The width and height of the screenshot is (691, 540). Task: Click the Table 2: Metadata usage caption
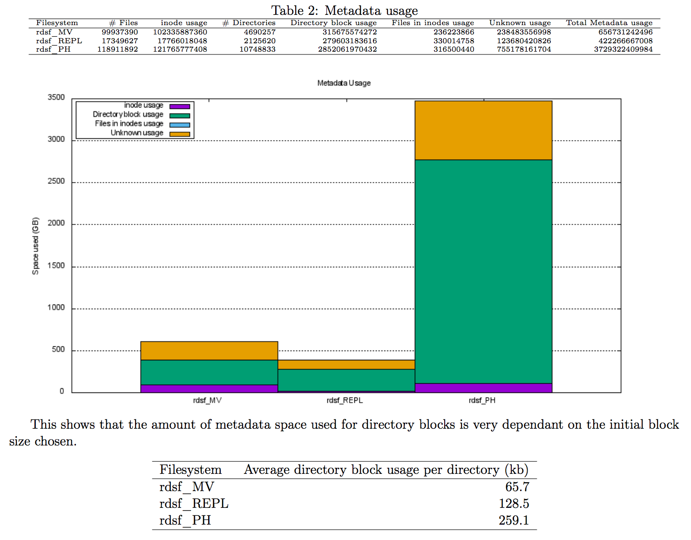coord(345,10)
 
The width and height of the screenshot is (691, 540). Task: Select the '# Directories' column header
coord(249,23)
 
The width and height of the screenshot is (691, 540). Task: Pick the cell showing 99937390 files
coord(120,32)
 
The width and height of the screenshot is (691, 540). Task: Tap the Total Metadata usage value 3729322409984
coord(623,49)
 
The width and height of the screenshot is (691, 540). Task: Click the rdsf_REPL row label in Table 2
coord(59,41)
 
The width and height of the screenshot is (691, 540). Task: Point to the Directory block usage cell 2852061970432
coord(347,49)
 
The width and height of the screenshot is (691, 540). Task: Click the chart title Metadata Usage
coord(344,83)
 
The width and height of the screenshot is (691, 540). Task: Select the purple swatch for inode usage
coord(180,106)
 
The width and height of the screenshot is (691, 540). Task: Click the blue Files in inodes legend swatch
coord(180,125)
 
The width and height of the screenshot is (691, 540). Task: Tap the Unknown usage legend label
coord(137,133)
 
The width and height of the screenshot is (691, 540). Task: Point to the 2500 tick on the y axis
coord(56,182)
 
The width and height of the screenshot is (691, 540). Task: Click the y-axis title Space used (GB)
coord(35,246)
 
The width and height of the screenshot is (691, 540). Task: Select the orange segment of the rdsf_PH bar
coord(483,130)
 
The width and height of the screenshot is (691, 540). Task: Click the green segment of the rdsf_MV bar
coord(209,372)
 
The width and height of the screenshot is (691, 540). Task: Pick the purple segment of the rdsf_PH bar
coord(483,388)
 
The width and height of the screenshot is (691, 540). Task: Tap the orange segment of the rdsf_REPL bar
coord(346,364)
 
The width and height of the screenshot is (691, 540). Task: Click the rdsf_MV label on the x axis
coord(207,400)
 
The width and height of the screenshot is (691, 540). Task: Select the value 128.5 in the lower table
coord(514,504)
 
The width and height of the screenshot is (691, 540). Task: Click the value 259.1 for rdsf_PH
coord(514,520)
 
